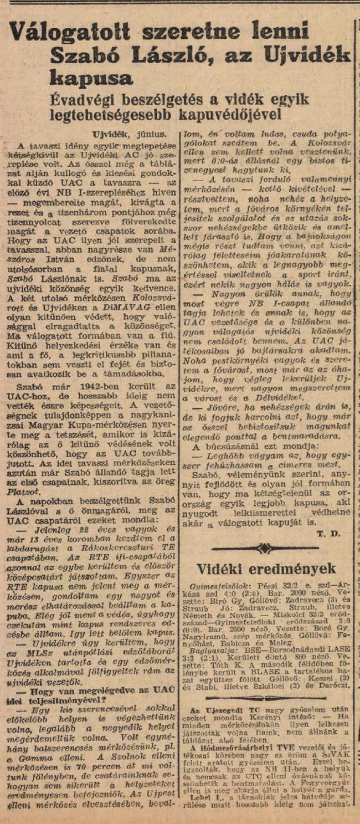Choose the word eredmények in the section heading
[297, 569]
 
